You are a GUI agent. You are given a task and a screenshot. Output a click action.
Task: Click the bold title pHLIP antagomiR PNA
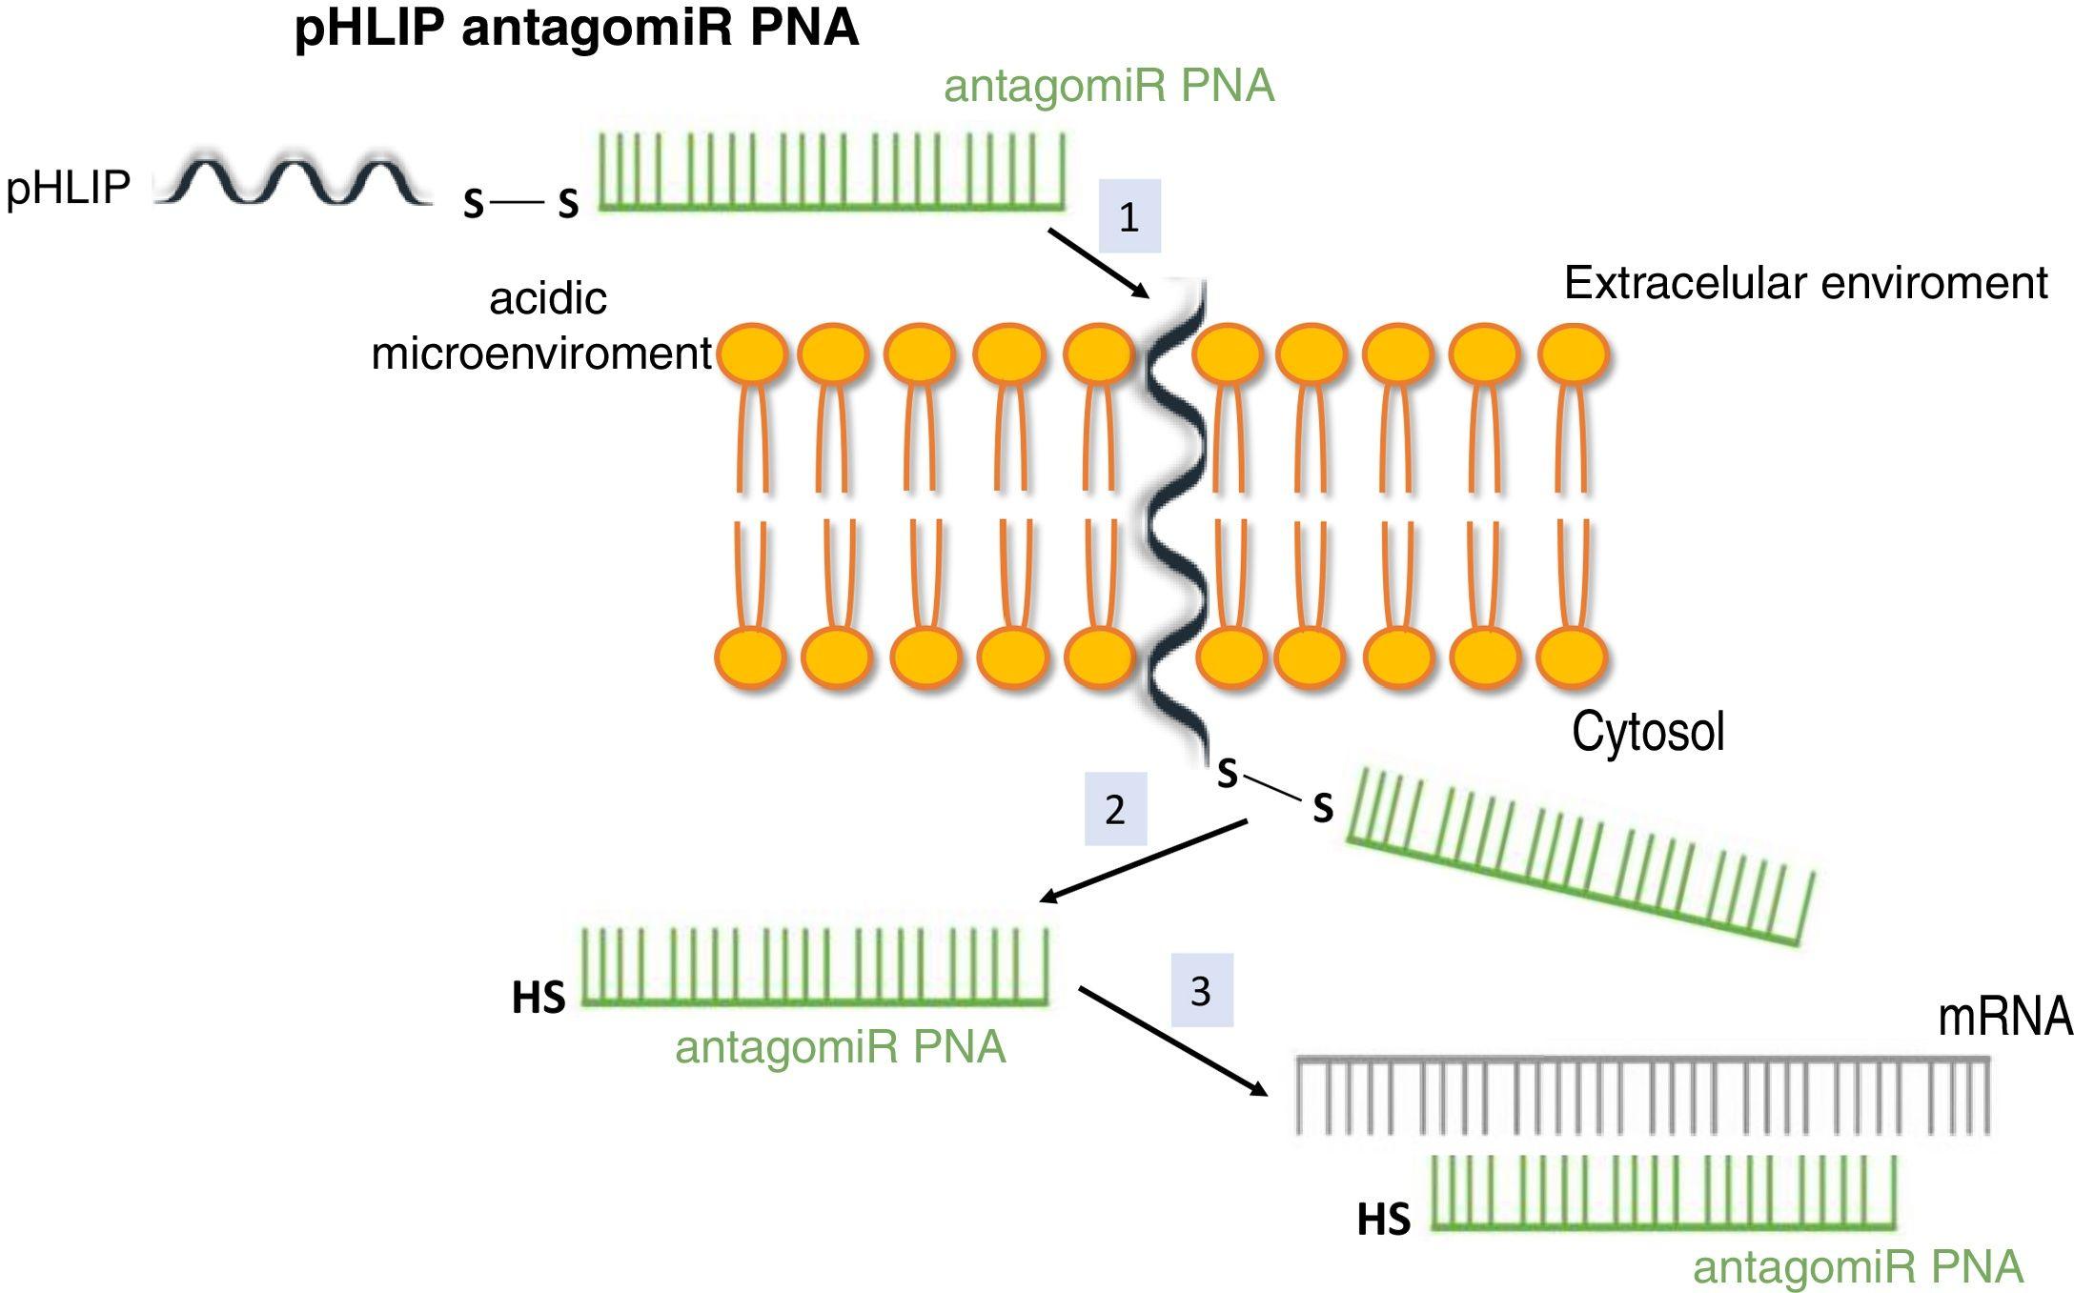tap(576, 29)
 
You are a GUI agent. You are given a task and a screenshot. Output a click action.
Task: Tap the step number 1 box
tap(1128, 216)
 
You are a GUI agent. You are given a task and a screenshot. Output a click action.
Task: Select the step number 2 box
tap(1114, 809)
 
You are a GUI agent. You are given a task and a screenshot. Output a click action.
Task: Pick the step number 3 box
tap(1201, 990)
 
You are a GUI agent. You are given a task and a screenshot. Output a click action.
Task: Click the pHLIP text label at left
tap(68, 187)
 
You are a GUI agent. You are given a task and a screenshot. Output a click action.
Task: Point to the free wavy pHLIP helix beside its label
tap(292, 181)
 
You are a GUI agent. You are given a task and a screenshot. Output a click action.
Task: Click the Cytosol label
tap(1647, 732)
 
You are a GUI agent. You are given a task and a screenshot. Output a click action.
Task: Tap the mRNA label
tap(2004, 1017)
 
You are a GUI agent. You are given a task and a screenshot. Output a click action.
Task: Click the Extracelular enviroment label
tap(1805, 283)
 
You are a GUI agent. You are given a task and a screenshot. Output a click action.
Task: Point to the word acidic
tap(547, 298)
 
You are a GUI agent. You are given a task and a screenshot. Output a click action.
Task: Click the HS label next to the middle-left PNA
tap(539, 998)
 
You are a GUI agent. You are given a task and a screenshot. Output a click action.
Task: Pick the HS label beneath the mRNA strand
tap(1383, 1220)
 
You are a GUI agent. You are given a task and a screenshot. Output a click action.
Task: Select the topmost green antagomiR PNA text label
tap(1108, 86)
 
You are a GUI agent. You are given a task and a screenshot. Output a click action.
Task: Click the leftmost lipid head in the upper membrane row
tap(751, 354)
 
